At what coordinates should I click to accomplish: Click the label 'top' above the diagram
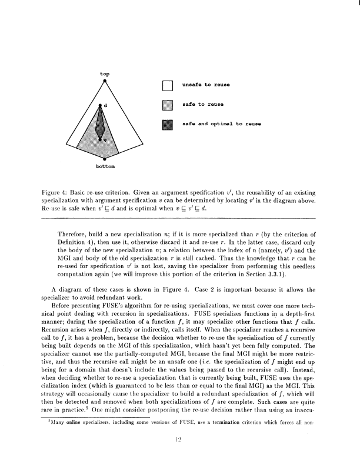104,74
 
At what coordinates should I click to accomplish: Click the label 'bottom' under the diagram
104,166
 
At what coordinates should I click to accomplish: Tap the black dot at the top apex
104,82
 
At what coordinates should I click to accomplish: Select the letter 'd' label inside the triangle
106,106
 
